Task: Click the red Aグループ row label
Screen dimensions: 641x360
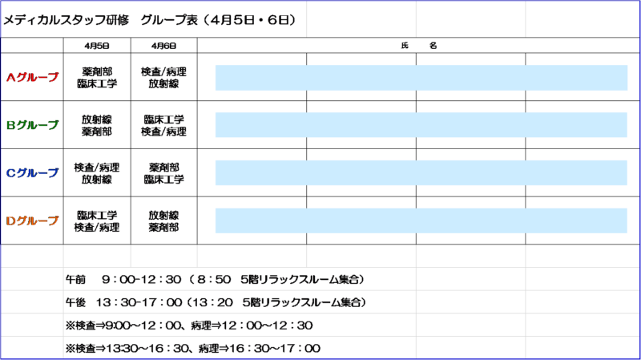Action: click(32, 77)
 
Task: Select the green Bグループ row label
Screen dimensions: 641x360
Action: click(32, 125)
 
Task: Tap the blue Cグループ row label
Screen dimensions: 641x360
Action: click(32, 172)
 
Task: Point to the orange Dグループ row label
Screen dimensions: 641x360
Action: click(32, 220)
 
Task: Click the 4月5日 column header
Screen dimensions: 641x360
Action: click(97, 46)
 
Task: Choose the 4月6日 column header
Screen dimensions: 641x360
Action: click(164, 46)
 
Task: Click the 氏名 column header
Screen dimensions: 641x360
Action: click(418, 46)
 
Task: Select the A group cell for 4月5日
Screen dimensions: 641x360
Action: click(97, 77)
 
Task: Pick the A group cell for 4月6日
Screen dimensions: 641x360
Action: click(164, 77)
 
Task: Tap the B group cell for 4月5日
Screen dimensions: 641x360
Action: click(97, 125)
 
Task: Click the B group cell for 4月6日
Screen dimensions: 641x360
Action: click(164, 125)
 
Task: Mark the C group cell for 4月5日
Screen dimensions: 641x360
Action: click(97, 173)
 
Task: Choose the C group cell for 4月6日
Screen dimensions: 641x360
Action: click(164, 173)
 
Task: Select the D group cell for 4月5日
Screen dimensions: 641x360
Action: click(97, 221)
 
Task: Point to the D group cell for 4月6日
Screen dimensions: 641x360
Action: click(164, 221)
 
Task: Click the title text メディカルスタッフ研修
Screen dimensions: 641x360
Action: click(67, 20)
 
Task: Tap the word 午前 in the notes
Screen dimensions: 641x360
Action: click(75, 279)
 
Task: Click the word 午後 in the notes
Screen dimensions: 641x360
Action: click(75, 302)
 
